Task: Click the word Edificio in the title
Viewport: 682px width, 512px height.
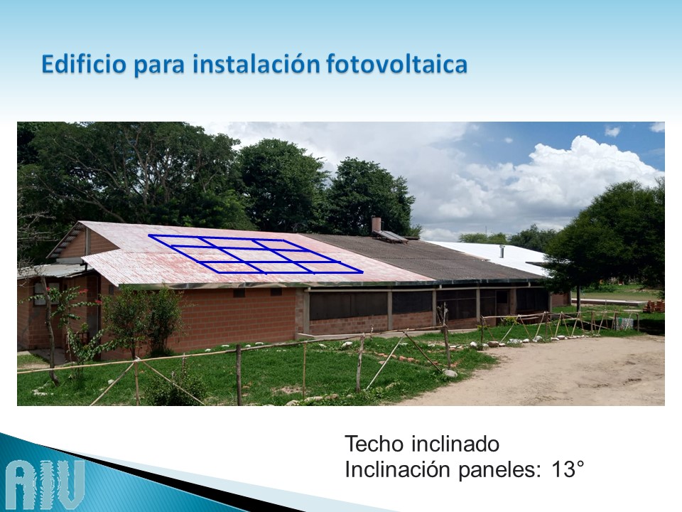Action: pos(84,64)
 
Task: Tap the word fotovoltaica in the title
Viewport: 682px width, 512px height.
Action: pos(396,64)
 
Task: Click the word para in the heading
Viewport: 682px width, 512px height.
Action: pos(159,66)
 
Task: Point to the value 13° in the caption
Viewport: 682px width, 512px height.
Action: pos(567,469)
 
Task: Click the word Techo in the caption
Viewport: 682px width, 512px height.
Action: pos(374,444)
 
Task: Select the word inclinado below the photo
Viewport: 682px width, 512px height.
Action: pos(455,444)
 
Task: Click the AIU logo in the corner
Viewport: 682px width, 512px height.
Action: pos(45,484)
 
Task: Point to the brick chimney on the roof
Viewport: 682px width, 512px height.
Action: pos(377,225)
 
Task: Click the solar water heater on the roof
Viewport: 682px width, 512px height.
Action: pos(390,236)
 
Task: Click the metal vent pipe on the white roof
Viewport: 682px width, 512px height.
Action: pos(501,251)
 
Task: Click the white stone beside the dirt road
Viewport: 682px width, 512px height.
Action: pos(450,373)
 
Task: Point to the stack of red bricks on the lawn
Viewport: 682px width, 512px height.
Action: pos(654,306)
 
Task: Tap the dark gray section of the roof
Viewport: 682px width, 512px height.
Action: pos(418,257)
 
